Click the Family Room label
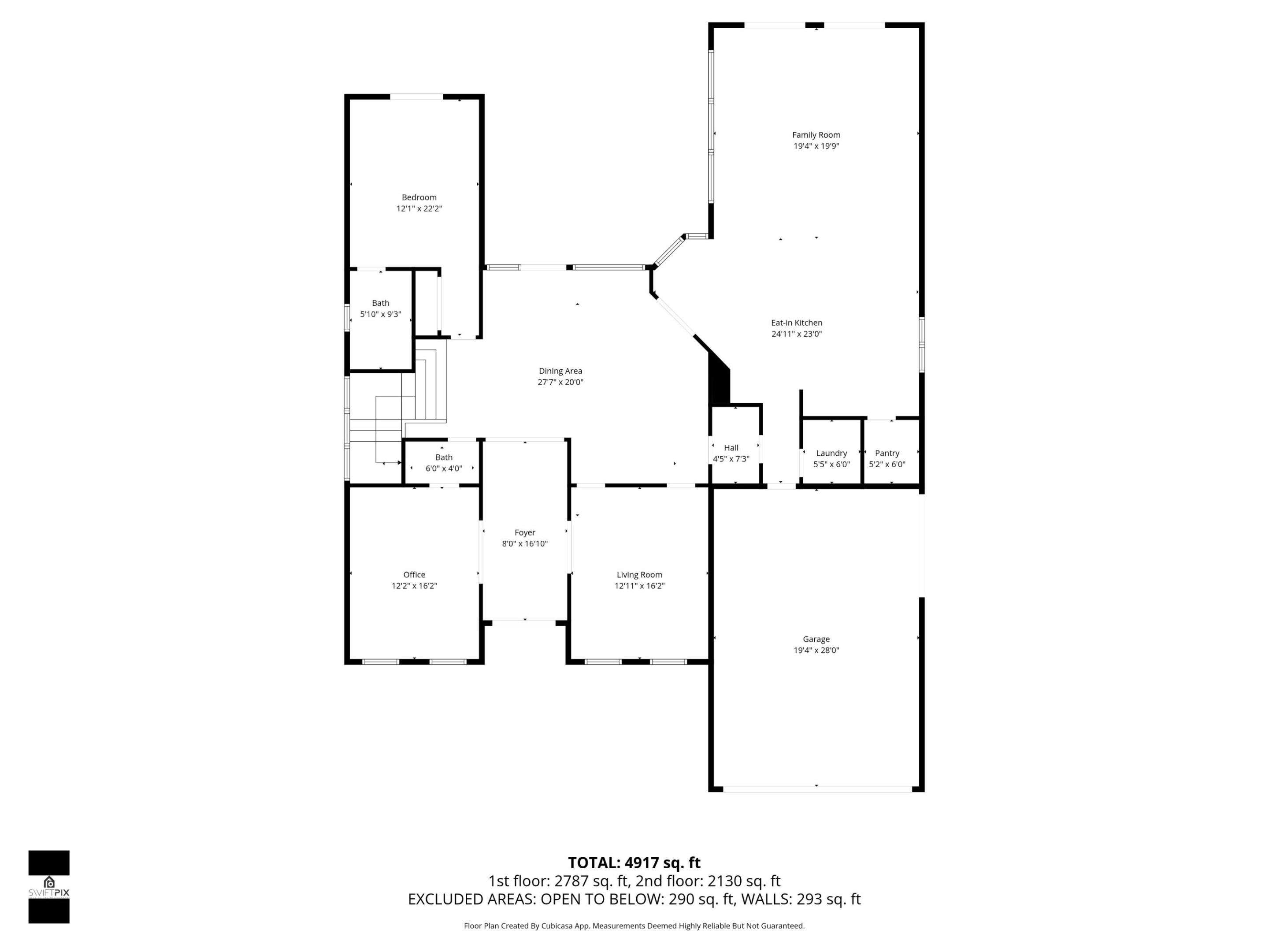(x=816, y=135)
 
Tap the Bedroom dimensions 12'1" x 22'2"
(x=419, y=209)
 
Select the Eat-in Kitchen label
(x=796, y=323)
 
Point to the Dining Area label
(x=560, y=371)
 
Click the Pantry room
(x=887, y=454)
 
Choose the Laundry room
(x=831, y=454)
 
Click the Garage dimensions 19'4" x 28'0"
(x=816, y=650)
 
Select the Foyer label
(x=524, y=532)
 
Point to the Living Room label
(x=639, y=574)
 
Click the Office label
(x=414, y=574)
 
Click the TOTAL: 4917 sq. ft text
(x=634, y=863)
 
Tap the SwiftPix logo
(x=49, y=887)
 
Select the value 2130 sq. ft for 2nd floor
(x=744, y=881)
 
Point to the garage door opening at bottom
(x=817, y=790)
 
